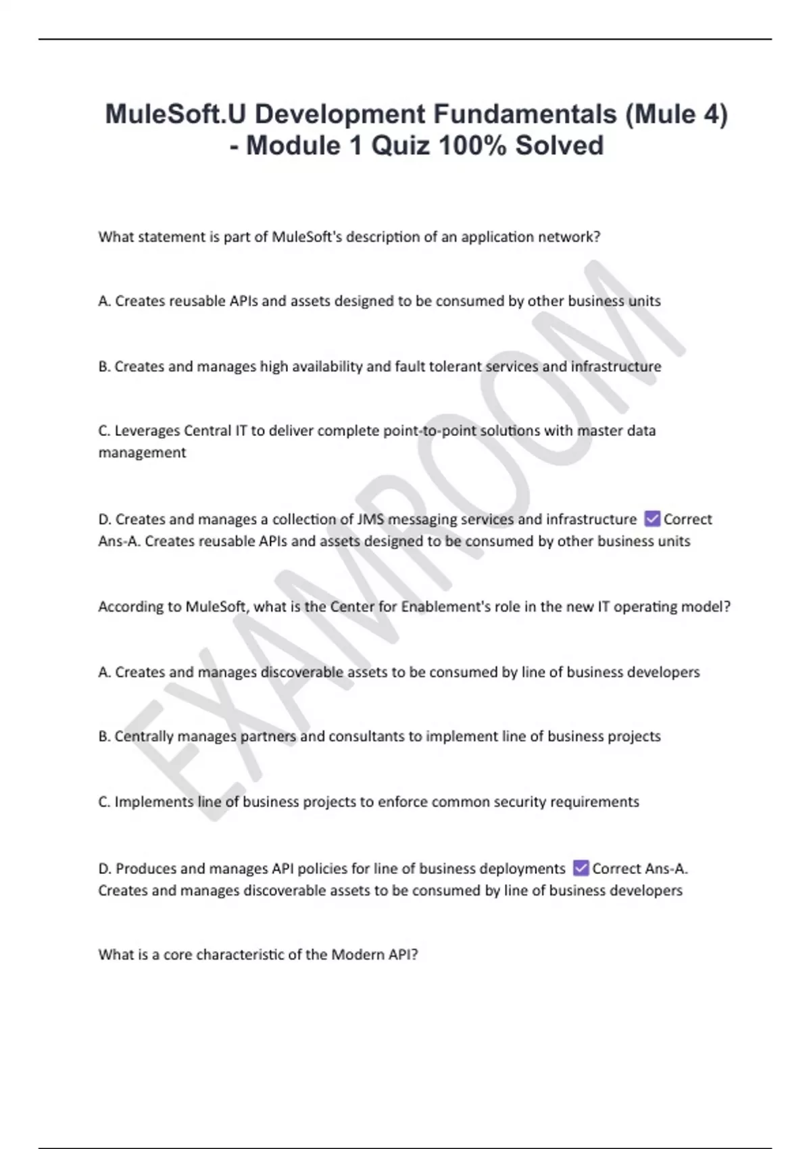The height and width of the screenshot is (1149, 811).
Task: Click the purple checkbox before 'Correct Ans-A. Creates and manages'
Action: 581,868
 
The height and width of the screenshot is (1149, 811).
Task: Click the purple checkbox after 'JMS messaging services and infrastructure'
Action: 652,518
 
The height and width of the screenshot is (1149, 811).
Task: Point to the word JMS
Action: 370,519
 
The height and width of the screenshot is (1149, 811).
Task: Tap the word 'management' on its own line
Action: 142,453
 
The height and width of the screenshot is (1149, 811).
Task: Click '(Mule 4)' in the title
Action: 676,114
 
